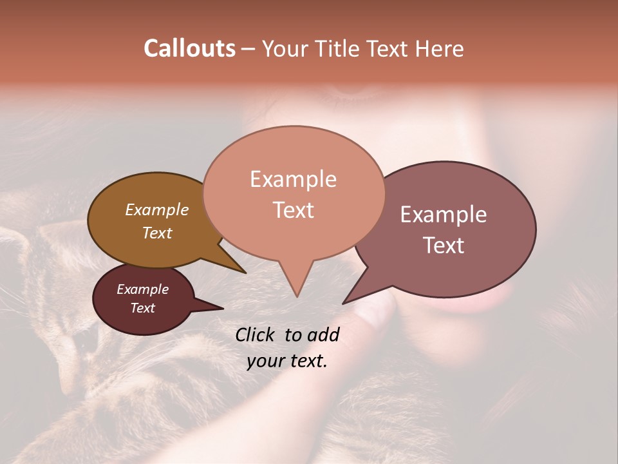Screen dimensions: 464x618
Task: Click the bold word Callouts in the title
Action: [x=189, y=48]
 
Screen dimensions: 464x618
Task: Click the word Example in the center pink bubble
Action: [x=293, y=179]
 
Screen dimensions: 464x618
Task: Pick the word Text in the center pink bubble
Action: [x=293, y=210]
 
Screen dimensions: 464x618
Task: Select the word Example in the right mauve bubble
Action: [x=444, y=215]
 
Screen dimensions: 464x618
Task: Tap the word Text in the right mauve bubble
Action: [x=444, y=246]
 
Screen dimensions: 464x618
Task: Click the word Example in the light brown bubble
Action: [x=156, y=209]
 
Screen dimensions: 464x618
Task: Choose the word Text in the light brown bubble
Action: [x=156, y=233]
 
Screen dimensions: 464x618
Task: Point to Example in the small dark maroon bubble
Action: [x=142, y=289]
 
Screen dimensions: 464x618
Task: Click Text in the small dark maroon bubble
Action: [x=142, y=308]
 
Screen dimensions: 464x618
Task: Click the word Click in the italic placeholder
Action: [x=256, y=334]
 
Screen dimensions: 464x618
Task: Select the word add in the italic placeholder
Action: [x=323, y=334]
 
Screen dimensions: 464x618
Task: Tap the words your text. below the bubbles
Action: [x=287, y=361]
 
